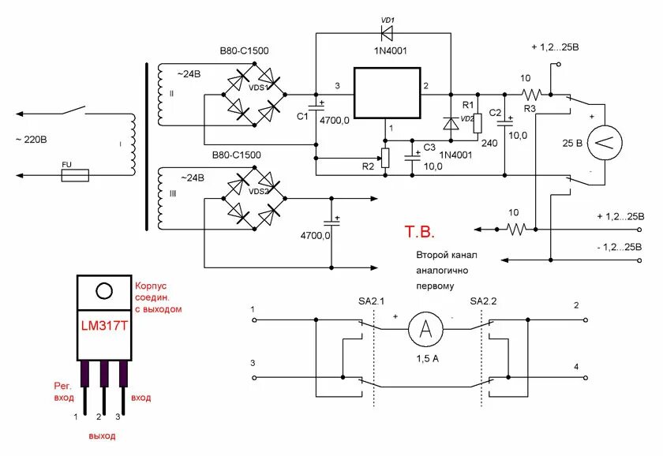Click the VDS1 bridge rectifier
[255, 93]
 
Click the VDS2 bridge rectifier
[255, 200]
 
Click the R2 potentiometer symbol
[386, 159]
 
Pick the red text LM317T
[103, 325]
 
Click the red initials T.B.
[420, 233]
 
